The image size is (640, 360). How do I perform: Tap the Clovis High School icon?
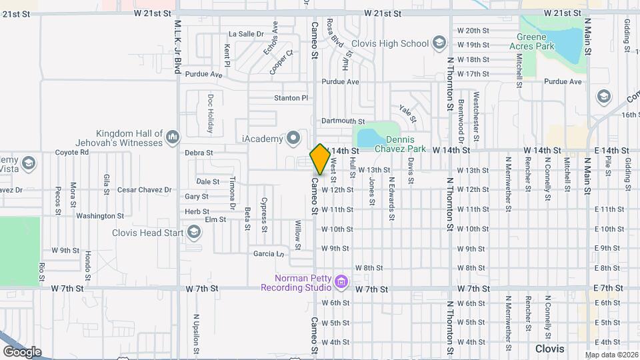coord(439,44)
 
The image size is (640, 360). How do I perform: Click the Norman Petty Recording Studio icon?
coord(342,283)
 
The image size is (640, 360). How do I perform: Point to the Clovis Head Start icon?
coord(194,232)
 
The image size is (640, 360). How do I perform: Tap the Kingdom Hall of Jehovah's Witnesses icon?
coord(173,137)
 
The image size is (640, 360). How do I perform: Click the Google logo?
coord(22,351)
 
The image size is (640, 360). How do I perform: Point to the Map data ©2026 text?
coord(611,355)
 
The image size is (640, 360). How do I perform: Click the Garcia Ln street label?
coord(269,254)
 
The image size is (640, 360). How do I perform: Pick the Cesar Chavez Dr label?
coord(144,190)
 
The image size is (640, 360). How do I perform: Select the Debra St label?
coord(199,153)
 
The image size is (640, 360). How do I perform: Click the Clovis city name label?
coord(550,349)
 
